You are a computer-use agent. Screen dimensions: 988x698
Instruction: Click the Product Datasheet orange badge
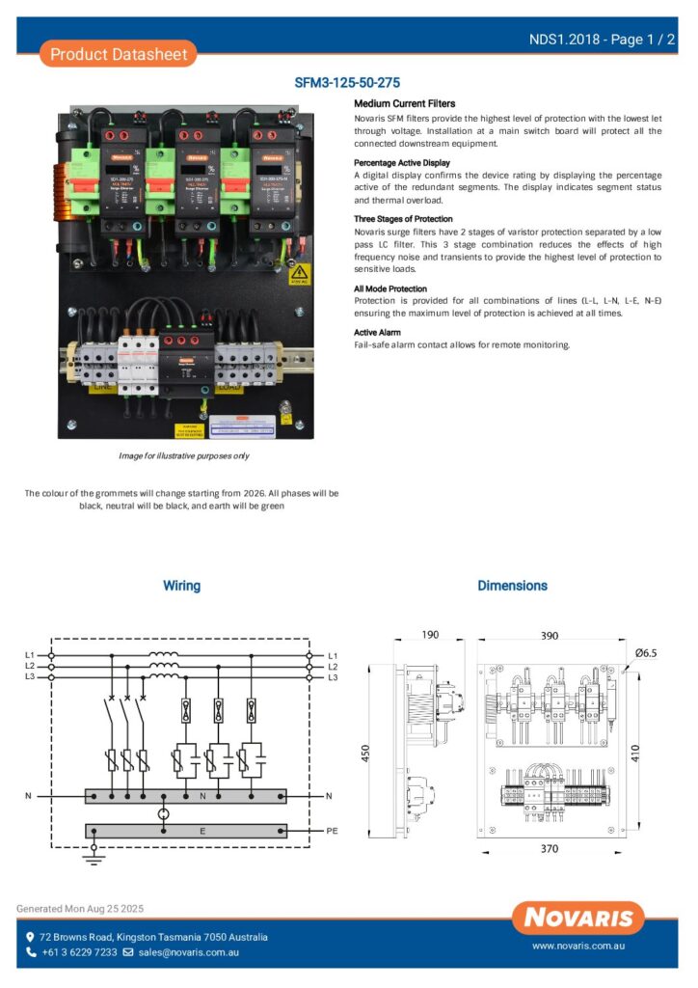point(119,54)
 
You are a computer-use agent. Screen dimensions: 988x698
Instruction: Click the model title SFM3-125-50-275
point(347,84)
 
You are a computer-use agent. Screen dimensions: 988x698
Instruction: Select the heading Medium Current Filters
point(404,103)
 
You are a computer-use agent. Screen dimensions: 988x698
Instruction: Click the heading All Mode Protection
point(389,288)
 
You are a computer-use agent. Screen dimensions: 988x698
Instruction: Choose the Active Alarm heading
point(377,332)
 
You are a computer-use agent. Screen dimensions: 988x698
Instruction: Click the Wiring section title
point(181,586)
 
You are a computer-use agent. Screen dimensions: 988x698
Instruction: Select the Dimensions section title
point(512,586)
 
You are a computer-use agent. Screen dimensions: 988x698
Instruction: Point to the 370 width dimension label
point(548,848)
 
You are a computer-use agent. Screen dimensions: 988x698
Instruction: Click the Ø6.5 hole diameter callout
point(645,653)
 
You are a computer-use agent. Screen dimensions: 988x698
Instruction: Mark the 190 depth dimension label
point(429,636)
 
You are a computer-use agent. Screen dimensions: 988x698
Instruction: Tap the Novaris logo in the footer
point(578,919)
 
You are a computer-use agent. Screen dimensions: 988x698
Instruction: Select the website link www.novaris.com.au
point(577,947)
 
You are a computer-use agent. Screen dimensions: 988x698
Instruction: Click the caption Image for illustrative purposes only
point(183,455)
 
